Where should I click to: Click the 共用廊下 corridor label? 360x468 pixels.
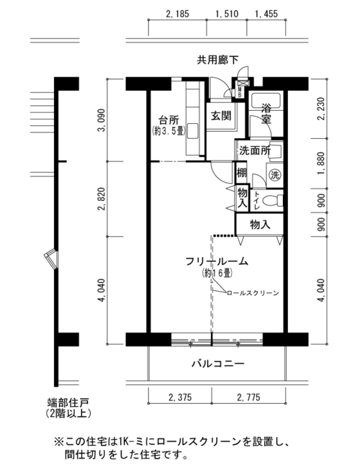tap(217, 60)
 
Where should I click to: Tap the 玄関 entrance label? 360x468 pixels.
tap(221, 115)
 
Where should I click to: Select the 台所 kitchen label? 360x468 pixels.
tap(169, 120)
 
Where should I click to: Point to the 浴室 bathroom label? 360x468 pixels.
tap(266, 113)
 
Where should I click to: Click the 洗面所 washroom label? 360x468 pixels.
tap(255, 150)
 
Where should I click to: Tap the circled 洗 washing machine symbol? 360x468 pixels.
tap(275, 175)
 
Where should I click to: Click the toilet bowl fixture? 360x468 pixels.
tap(274, 199)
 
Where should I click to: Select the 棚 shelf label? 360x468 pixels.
tap(241, 173)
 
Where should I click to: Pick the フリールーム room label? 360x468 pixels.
tap(217, 261)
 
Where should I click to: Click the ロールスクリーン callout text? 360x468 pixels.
tap(253, 293)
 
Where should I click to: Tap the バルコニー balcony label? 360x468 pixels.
tap(218, 364)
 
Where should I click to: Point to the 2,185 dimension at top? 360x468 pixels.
tap(177, 14)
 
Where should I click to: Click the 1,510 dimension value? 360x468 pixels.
tap(227, 14)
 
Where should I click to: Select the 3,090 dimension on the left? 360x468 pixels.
tap(102, 120)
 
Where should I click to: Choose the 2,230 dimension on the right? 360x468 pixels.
tap(321, 109)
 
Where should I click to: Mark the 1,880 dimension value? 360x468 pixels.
tap(321, 163)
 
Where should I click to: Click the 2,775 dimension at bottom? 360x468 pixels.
tap(248, 397)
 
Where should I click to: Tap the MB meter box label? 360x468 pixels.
tap(240, 91)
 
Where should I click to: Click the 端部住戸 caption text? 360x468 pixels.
tap(68, 402)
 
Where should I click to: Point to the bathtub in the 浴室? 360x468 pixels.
tap(266, 102)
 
